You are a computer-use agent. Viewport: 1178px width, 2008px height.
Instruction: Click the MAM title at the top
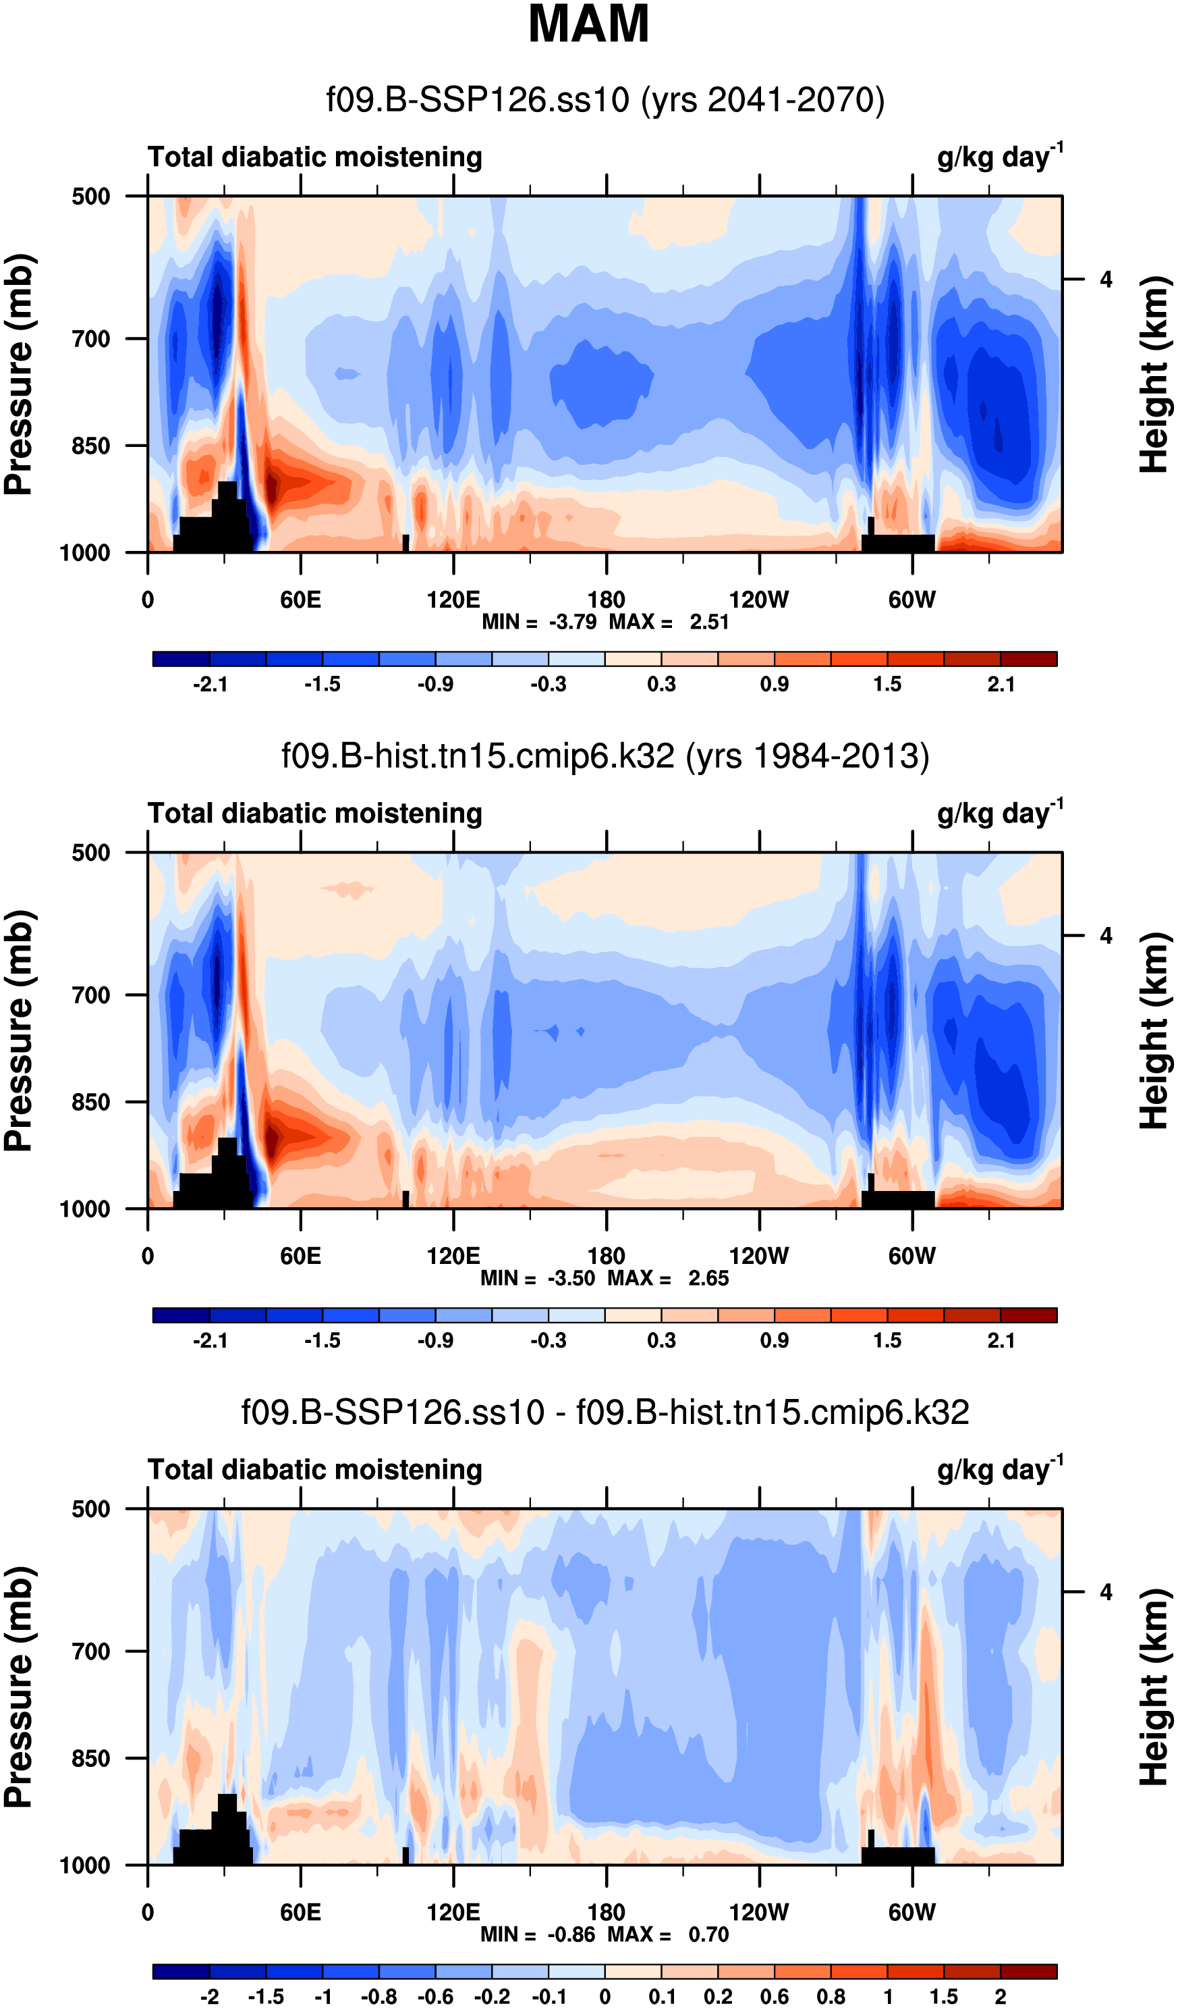click(588, 24)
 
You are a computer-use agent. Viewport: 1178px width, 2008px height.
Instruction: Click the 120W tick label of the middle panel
click(758, 1257)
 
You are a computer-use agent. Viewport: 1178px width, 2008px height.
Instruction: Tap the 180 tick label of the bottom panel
click(606, 1912)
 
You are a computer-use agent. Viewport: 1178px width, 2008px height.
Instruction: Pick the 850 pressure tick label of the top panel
click(91, 446)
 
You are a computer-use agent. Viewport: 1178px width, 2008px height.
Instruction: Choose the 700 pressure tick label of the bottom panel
click(91, 1651)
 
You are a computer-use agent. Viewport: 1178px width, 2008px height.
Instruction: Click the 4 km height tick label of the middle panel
click(1106, 936)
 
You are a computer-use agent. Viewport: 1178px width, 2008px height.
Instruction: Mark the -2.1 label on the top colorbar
click(211, 685)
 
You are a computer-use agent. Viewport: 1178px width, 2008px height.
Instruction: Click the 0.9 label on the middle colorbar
click(774, 1340)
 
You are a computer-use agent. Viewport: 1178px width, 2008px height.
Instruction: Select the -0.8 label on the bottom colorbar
click(379, 1997)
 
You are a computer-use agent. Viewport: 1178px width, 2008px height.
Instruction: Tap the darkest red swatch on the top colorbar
click(1028, 659)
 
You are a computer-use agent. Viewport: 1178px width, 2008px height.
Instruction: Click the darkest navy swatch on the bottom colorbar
click(181, 1972)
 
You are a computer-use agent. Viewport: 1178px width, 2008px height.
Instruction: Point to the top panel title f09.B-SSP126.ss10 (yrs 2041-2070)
click(605, 101)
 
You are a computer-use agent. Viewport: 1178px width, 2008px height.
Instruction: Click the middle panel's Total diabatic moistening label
click(314, 814)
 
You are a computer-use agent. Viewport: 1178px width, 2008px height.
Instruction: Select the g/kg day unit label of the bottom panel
click(999, 1469)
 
